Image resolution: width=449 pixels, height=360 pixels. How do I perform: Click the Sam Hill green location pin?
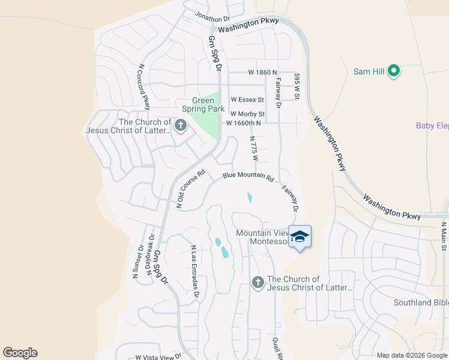point(394,71)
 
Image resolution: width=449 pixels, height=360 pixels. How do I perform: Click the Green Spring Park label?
point(203,105)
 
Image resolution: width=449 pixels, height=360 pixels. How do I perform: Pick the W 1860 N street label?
point(262,72)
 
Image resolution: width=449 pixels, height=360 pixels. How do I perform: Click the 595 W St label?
point(297,86)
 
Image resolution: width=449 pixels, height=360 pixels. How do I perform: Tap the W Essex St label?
point(247,100)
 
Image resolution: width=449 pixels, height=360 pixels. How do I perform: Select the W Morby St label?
point(247,113)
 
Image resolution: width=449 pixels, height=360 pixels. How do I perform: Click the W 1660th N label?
point(243,123)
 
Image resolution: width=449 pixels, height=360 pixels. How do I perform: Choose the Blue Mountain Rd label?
point(248,178)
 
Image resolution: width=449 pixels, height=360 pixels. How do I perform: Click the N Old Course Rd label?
point(191,188)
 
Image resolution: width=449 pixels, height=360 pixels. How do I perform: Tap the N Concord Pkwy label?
point(143,86)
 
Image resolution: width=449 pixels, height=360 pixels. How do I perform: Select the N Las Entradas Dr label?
point(194,271)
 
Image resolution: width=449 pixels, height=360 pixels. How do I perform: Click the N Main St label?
point(444,236)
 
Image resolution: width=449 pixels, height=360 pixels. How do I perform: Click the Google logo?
point(20,353)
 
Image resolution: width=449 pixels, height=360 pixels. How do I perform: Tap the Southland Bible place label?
point(421,302)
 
